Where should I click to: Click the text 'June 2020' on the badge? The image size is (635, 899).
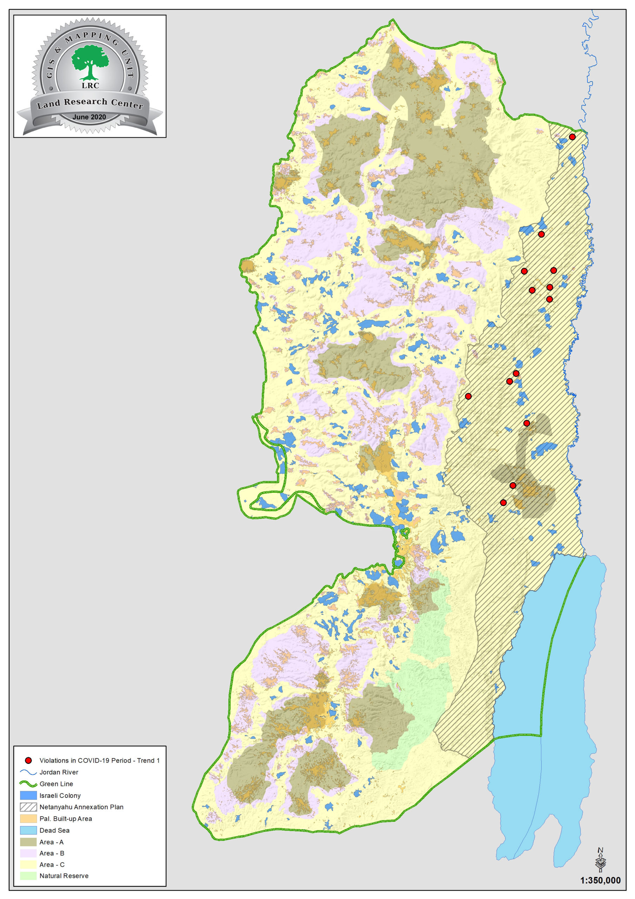[89, 117]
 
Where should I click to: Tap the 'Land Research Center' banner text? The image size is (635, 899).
[90, 103]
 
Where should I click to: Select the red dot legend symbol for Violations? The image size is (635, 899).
[28, 760]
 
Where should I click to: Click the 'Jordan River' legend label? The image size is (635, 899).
[59, 772]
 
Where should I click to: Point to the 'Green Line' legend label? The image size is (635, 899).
[56, 784]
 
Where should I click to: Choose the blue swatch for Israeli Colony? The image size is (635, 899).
[28, 795]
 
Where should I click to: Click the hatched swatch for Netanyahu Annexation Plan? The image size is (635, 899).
[28, 807]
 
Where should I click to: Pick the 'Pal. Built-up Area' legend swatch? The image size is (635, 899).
[28, 818]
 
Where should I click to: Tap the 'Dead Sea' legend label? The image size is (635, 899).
[54, 830]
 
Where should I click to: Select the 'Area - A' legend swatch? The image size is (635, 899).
[28, 842]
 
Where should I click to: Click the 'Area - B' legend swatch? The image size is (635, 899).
[28, 853]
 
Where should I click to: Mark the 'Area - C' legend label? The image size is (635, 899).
[52, 865]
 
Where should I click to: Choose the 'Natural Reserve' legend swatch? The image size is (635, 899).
[28, 876]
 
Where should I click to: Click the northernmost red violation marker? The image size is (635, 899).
[572, 137]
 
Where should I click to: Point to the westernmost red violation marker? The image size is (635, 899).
[468, 396]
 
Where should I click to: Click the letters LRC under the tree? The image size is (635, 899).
[90, 85]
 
